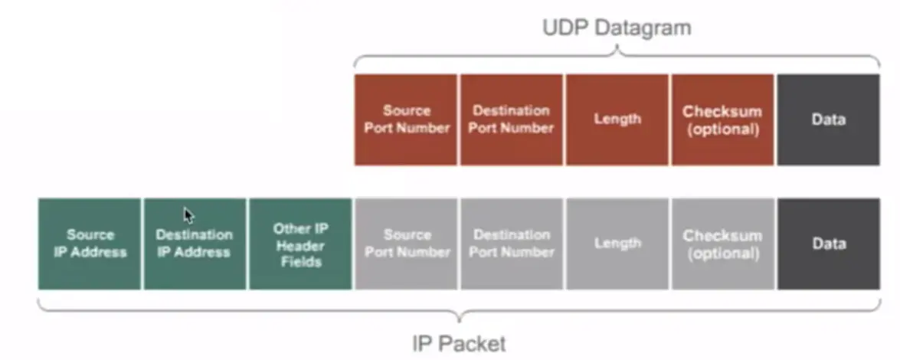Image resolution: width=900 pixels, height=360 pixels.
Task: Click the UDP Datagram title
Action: coord(617,28)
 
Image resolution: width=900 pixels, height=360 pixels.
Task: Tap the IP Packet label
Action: coord(459,343)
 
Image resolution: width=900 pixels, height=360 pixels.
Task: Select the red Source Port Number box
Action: coord(406,119)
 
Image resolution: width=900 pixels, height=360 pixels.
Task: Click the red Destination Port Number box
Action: coord(511,119)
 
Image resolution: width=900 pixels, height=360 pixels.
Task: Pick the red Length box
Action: coord(617,119)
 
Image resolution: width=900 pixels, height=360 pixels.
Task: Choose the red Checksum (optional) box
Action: coord(722,119)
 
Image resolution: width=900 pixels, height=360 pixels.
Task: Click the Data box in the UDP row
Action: coord(828,119)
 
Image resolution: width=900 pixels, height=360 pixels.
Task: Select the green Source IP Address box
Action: coord(90,244)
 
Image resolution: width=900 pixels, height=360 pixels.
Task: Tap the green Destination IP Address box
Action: coord(195,244)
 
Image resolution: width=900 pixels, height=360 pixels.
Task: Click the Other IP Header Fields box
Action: coord(300,244)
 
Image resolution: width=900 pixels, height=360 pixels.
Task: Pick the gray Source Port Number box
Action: coord(406,244)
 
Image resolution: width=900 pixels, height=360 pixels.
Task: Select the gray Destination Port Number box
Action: coord(511,244)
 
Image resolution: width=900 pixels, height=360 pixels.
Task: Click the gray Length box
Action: coord(617,244)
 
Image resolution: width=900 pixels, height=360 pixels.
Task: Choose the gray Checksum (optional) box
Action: coord(722,244)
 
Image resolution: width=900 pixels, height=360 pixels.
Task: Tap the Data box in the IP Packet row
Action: coord(828,244)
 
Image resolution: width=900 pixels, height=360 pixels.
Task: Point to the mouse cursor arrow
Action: coord(188,215)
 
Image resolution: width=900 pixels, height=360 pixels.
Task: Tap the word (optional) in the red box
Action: coord(722,129)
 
